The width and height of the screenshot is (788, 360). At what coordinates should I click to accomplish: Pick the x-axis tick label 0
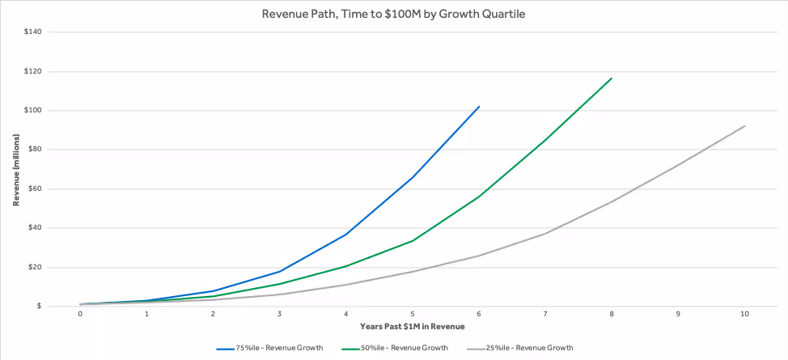point(80,314)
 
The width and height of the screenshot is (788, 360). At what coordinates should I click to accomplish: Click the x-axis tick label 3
point(279,314)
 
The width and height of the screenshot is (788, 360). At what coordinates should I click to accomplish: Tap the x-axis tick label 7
point(545,314)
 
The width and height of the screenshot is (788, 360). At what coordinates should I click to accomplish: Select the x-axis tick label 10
point(744,314)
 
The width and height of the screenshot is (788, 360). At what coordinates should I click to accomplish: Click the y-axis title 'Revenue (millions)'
point(15,169)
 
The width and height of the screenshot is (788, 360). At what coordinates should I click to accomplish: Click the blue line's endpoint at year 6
point(479,106)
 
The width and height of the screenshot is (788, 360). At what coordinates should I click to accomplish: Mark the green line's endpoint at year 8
point(612,78)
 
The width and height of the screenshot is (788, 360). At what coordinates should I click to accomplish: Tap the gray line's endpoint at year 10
point(744,125)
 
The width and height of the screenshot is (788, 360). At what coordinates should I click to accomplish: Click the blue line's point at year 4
point(346,234)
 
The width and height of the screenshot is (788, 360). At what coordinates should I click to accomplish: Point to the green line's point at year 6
point(479,197)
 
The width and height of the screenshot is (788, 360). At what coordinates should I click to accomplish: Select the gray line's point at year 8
point(612,201)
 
